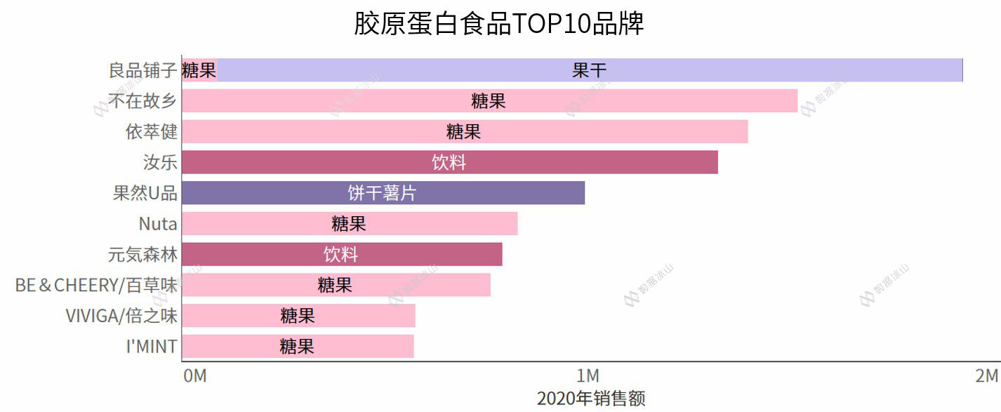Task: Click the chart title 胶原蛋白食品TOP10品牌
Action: (499, 23)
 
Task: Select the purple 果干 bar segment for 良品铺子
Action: (590, 70)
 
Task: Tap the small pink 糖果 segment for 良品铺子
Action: (199, 70)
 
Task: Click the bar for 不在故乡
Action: (489, 101)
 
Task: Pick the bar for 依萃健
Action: (464, 132)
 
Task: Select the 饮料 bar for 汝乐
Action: (449, 162)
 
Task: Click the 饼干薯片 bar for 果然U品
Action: (383, 193)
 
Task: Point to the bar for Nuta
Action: (349, 224)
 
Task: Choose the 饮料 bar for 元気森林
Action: (341, 254)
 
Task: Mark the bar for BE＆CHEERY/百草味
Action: (336, 285)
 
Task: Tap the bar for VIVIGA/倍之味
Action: (298, 316)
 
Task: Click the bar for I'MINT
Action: (298, 346)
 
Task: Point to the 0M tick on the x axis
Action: (195, 376)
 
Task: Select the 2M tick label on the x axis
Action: (986, 376)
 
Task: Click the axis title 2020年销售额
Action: (591, 399)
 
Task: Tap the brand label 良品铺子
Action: (142, 70)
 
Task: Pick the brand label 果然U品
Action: (145, 193)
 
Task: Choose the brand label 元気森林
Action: (142, 254)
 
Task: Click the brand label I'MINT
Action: (152, 346)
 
